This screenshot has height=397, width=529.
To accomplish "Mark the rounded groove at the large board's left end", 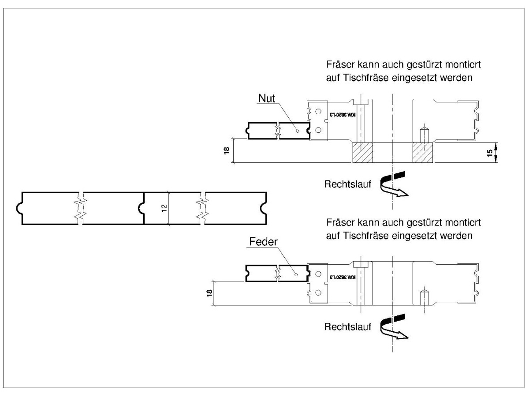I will click(x=19, y=208).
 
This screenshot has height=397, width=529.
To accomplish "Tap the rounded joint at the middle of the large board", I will click(x=142, y=208).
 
